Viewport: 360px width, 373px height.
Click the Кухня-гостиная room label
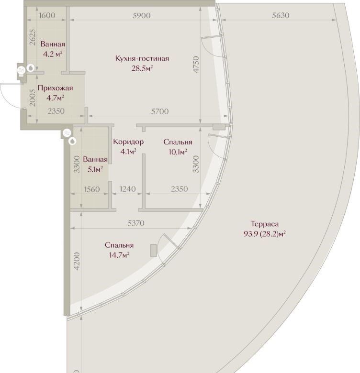142,58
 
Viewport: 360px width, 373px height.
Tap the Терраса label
265,224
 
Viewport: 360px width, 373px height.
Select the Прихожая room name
55,88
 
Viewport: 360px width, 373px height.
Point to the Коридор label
128,142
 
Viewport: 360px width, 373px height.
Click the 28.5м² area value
142,68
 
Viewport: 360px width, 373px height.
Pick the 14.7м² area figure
119,255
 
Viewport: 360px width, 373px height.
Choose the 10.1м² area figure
178,152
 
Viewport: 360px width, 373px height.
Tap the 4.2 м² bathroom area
53,54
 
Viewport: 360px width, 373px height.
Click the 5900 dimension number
142,15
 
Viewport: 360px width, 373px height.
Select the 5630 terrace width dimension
281,15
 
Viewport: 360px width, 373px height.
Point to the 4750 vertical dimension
196,65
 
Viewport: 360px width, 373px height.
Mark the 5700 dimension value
160,111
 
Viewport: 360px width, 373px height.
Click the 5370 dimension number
136,223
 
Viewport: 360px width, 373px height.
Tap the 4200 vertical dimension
77,261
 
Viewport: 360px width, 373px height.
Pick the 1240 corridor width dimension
128,189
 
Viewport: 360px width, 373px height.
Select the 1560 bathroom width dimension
92,189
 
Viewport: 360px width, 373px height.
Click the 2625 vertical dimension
33,37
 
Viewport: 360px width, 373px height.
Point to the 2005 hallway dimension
33,98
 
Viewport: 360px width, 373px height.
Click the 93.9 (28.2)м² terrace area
265,234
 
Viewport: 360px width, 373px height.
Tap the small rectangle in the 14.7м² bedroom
154,251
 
